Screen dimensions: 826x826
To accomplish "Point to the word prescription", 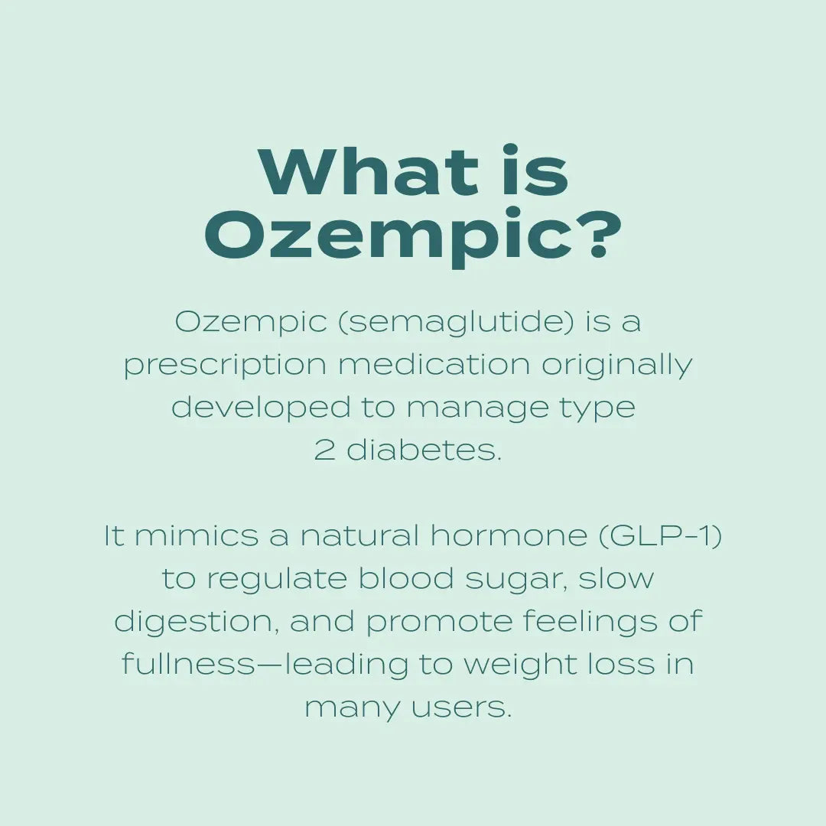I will pos(225,366).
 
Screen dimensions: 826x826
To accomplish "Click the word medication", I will pos(434,365).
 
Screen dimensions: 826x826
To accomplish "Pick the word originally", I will pos(616,366).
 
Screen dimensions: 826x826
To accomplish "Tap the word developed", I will pos(261,408).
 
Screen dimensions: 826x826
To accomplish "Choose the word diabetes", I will pos(424,450).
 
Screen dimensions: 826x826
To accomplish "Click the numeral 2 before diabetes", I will pos(325,450).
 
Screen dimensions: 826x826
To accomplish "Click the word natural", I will pos(359,536).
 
